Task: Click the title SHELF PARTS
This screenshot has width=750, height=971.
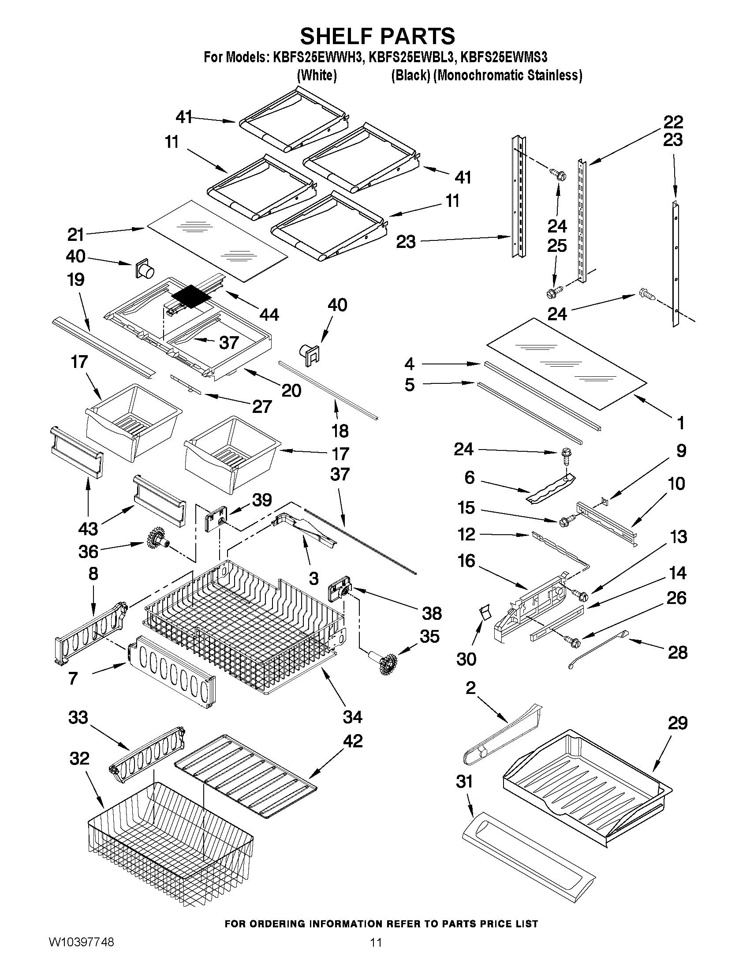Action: (x=377, y=36)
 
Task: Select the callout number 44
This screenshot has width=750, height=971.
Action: (x=269, y=315)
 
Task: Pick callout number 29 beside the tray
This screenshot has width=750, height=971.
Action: (x=678, y=724)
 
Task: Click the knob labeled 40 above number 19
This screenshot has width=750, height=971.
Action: (x=145, y=268)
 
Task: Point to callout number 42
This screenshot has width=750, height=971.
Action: (x=353, y=741)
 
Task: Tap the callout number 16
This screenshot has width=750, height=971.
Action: (x=466, y=561)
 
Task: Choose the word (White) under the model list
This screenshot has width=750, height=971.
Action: (x=316, y=75)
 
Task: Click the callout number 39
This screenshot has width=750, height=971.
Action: (x=262, y=500)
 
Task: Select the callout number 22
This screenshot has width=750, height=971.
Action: (x=673, y=122)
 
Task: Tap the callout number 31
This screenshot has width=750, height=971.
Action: (x=465, y=782)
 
